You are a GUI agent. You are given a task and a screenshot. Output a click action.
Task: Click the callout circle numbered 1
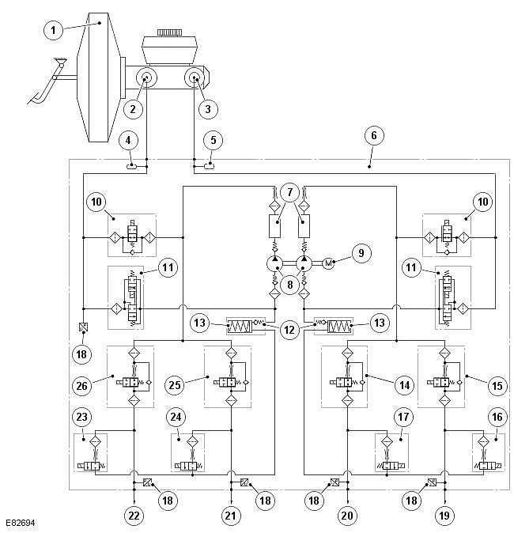click(x=53, y=30)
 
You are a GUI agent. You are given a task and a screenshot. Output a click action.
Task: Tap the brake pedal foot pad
click(x=35, y=99)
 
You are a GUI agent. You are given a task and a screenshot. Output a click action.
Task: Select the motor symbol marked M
click(x=328, y=263)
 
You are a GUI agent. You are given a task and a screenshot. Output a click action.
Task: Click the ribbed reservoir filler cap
click(x=170, y=32)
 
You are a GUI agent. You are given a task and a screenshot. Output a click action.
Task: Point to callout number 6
click(x=374, y=135)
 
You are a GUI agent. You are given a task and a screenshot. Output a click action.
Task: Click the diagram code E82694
click(x=21, y=523)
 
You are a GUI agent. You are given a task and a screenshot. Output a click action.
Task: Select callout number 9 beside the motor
click(x=361, y=253)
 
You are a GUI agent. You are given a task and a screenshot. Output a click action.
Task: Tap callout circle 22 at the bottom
click(x=134, y=516)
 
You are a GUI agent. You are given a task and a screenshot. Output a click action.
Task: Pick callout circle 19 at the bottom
click(x=444, y=516)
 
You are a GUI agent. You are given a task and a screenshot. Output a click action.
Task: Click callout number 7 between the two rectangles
click(x=289, y=192)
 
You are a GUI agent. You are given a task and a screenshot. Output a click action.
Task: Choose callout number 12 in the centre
click(x=289, y=330)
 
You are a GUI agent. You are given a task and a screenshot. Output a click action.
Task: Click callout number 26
click(x=82, y=386)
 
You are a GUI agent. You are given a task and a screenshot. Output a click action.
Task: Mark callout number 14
click(x=405, y=385)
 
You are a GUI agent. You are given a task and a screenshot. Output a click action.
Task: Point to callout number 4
click(x=128, y=141)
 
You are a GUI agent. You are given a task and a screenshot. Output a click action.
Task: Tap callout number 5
click(x=214, y=140)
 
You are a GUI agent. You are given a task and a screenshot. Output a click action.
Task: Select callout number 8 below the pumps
click(x=289, y=284)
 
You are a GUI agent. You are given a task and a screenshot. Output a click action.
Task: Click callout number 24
click(x=176, y=417)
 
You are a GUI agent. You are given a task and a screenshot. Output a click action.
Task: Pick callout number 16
click(x=497, y=417)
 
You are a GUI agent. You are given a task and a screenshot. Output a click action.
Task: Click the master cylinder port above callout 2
click(x=146, y=77)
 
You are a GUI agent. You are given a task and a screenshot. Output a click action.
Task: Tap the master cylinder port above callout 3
click(x=195, y=77)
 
